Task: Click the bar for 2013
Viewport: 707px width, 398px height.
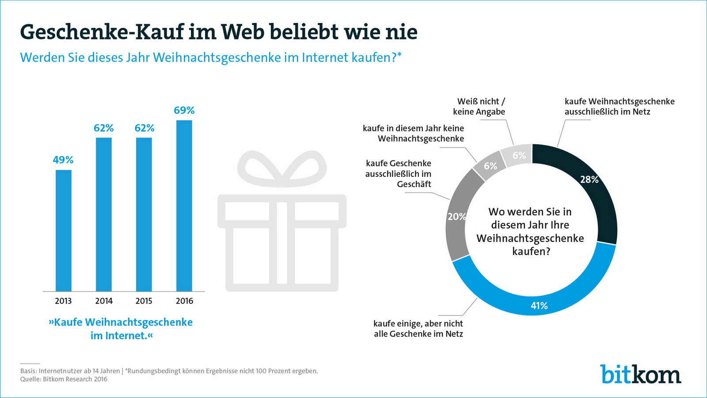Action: [x=63, y=230]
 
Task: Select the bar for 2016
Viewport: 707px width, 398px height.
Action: [x=184, y=206]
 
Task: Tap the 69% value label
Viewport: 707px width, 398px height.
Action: [x=184, y=110]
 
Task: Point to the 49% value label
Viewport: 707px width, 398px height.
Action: [x=63, y=160]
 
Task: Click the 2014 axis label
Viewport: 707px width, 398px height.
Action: [x=104, y=301]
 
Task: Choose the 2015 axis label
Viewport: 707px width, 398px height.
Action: [x=144, y=301]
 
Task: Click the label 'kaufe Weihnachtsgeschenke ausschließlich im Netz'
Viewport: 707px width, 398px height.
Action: [x=619, y=107]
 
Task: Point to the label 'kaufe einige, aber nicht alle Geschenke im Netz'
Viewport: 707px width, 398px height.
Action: [x=418, y=329]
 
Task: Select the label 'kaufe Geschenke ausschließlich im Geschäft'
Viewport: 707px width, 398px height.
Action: [x=399, y=174]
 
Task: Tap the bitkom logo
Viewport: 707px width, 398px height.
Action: [x=640, y=374]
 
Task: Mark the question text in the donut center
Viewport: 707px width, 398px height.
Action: [x=530, y=231]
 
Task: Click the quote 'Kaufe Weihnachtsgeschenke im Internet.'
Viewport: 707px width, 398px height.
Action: [x=121, y=329]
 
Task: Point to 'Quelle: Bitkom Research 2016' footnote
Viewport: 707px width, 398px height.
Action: [x=64, y=379]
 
